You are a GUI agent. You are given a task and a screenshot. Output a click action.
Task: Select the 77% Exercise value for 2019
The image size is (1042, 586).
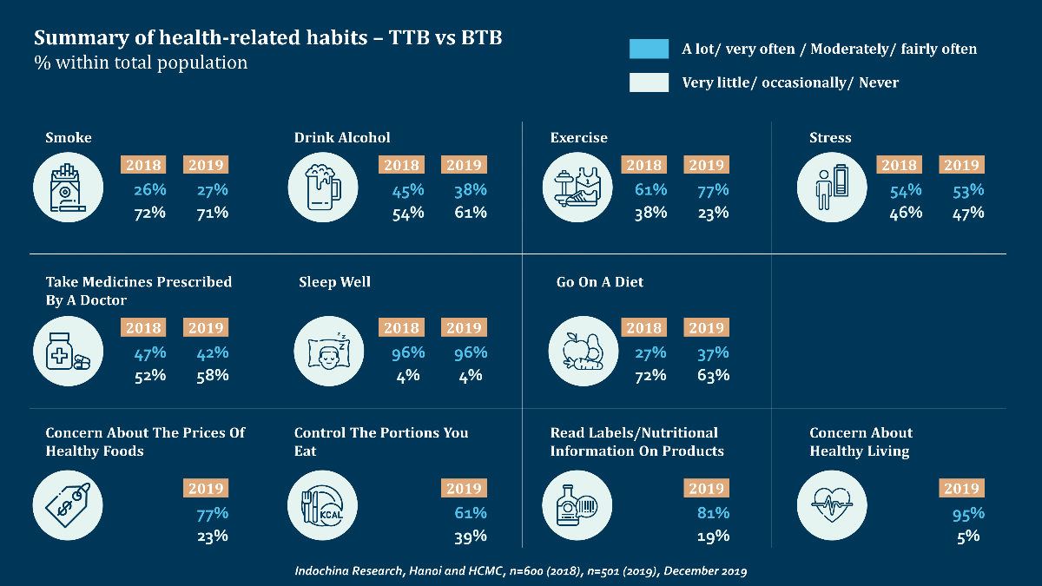[713, 190]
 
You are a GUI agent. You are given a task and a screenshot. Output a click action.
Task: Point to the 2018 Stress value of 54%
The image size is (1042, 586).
[906, 190]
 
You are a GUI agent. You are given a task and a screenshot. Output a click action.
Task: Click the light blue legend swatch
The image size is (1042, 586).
[649, 49]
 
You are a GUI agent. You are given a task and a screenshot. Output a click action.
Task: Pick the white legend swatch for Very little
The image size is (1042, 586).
[649, 82]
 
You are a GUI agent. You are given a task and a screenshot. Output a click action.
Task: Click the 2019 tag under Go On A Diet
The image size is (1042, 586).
[706, 327]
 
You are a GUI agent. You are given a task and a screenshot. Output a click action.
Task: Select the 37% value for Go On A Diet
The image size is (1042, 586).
[713, 353]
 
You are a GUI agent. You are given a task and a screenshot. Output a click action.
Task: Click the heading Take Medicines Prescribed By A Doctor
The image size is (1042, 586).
[138, 291]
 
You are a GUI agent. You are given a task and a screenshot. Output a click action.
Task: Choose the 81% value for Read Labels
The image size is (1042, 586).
[713, 513]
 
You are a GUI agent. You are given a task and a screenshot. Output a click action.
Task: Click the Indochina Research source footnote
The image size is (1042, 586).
[521, 571]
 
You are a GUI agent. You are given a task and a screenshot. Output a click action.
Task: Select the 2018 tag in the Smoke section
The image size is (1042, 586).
[143, 165]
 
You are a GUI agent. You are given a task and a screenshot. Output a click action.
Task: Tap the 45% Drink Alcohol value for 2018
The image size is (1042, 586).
[406, 190]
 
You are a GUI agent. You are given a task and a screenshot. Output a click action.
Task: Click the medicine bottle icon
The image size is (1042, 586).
[67, 351]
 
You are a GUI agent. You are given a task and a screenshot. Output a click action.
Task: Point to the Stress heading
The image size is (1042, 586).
[830, 137]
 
